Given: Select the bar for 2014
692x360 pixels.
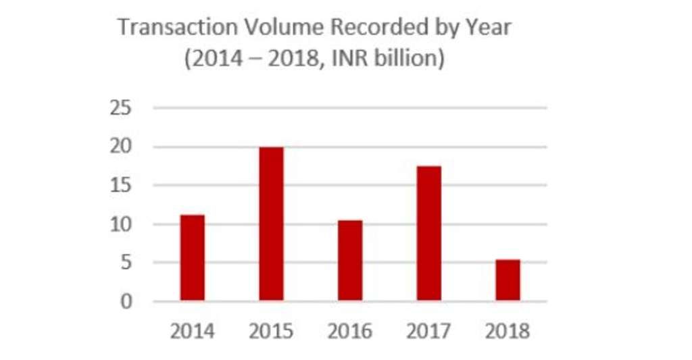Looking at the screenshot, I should pos(193,257).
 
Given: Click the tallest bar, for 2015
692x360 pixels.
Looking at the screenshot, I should pos(271,224).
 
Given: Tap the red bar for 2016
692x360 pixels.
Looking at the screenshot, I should pos(350,260).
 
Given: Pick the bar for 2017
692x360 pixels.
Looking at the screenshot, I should pos(429,233).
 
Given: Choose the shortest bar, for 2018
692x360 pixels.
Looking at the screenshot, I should pos(508,280).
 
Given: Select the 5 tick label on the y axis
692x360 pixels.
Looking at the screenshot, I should pos(126,262).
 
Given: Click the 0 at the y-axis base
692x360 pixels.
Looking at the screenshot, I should pos(126,301).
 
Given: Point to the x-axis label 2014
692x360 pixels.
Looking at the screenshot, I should pos(193,332).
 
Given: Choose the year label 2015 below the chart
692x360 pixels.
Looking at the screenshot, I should pos(271,332).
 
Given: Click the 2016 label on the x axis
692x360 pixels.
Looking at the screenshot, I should pos(350,332).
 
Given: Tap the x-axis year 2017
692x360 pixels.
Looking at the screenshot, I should pos(429,332).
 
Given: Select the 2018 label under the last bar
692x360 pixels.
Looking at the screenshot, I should pos(508,332).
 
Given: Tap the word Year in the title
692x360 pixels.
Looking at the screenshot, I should pos(489,28).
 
